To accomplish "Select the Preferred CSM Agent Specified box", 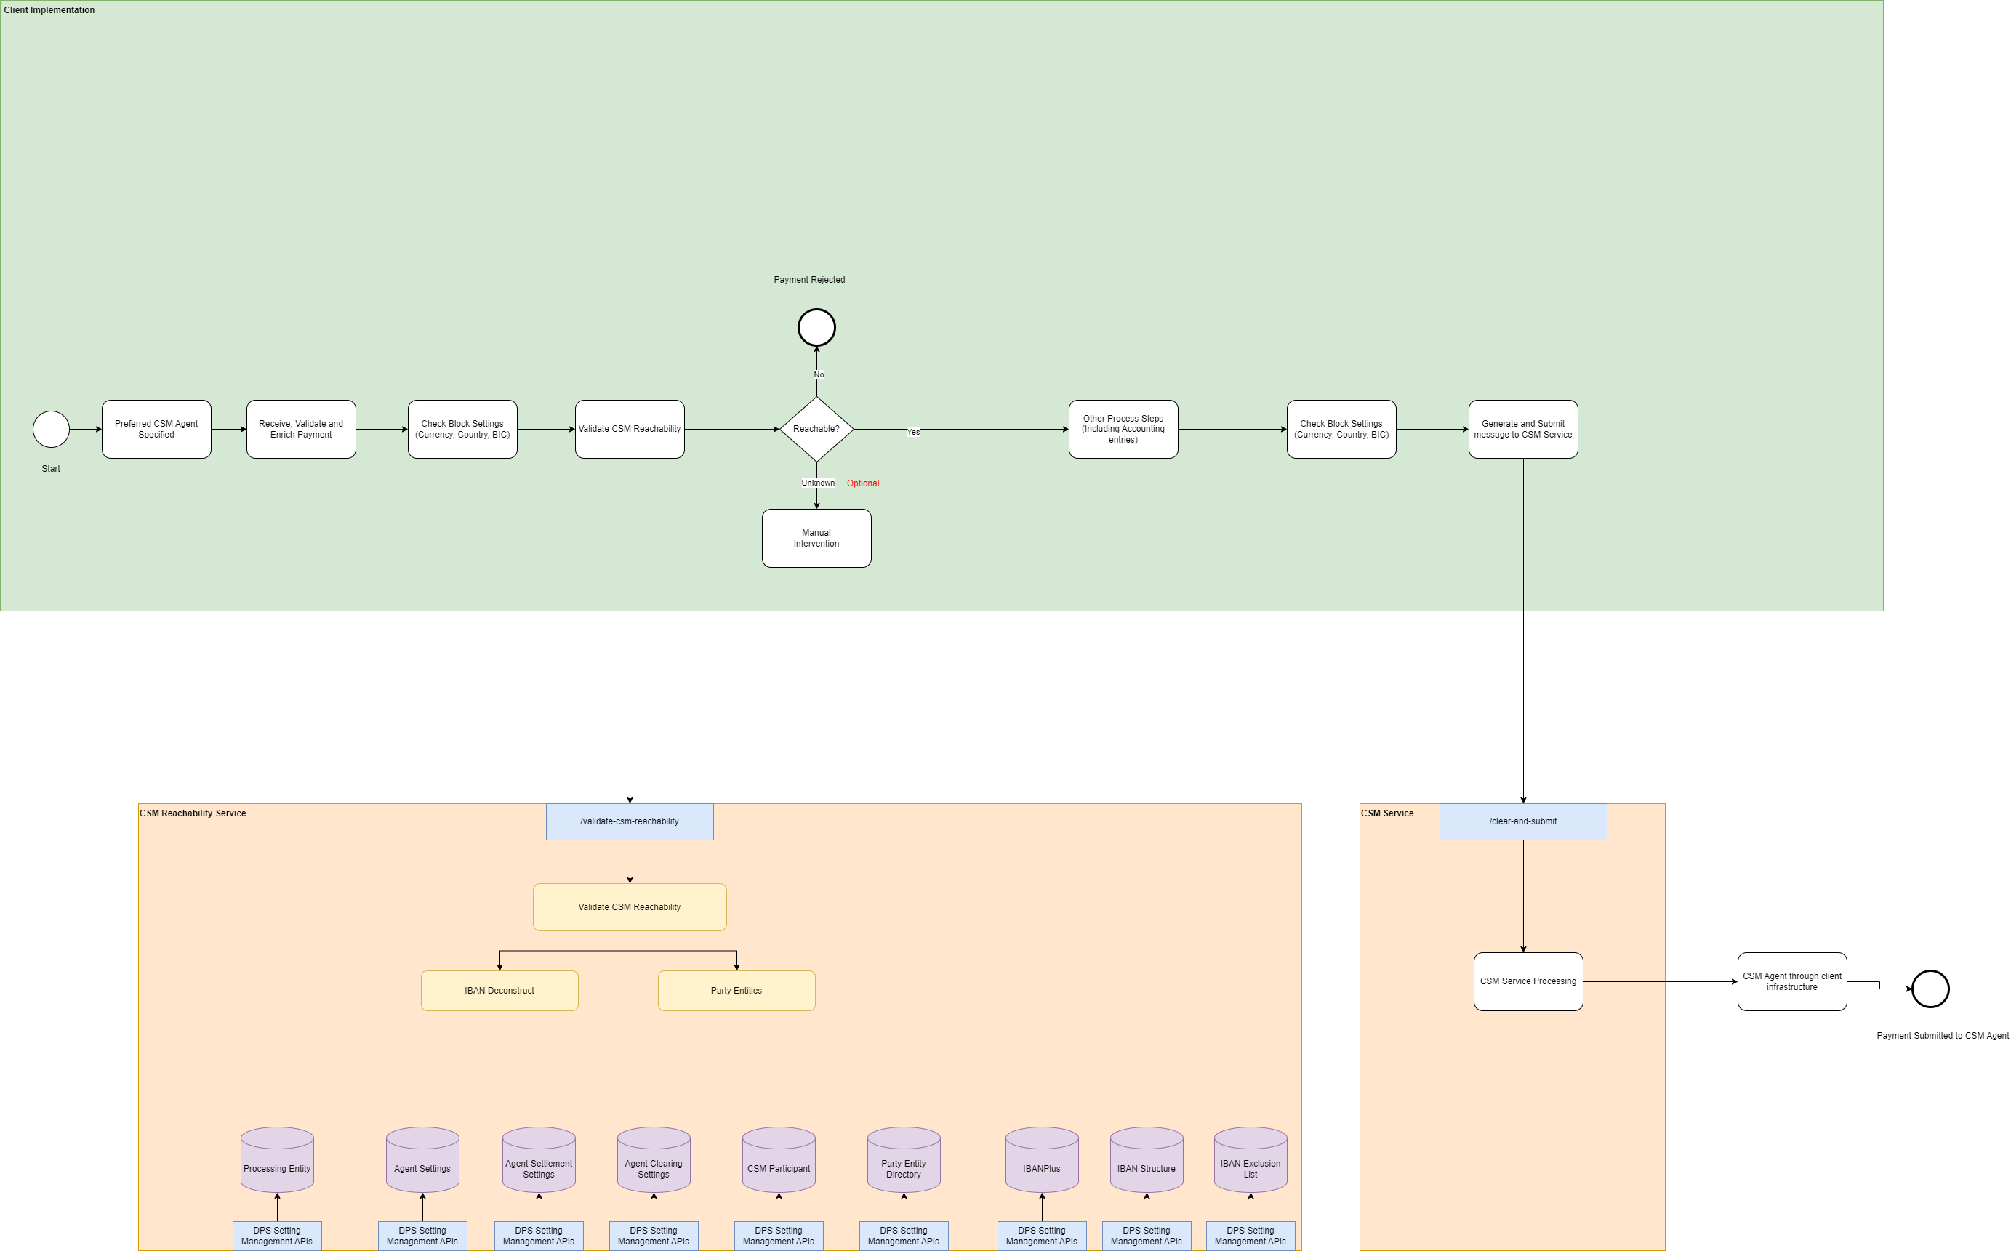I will [x=156, y=430].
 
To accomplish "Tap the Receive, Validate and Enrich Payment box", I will [x=301, y=430].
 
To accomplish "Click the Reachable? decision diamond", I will [x=816, y=430].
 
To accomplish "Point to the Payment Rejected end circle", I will [x=816, y=328].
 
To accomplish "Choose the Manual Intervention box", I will [x=816, y=539].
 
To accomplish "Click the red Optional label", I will [x=862, y=483].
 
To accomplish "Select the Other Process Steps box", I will [x=1123, y=430].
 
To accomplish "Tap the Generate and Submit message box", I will [x=1522, y=430].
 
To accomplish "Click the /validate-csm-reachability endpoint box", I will [x=630, y=821].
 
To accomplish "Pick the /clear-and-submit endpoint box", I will [x=1522, y=821].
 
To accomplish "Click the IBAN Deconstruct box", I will [x=499, y=990].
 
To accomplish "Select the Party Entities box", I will [x=736, y=990].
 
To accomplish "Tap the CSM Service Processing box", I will [x=1528, y=981].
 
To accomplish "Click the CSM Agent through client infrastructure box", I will [x=1791, y=981].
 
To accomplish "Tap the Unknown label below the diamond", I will [x=818, y=483].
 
